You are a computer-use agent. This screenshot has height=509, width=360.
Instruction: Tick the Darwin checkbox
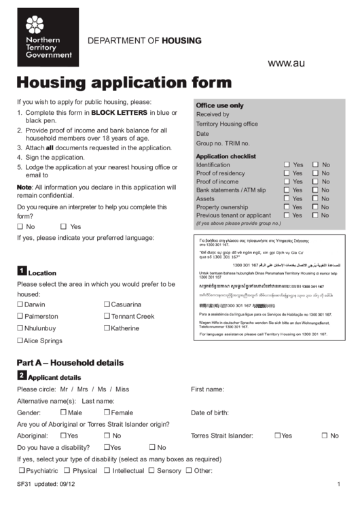coord(20,305)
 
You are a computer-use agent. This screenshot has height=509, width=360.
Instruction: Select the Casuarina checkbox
coord(107,305)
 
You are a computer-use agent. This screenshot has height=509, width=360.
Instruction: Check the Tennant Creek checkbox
coord(107,317)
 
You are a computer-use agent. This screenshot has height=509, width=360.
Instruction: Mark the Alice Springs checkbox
coord(20,340)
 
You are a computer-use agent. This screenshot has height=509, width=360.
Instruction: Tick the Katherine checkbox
coord(107,328)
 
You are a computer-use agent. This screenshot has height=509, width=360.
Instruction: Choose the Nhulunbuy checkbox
coord(20,328)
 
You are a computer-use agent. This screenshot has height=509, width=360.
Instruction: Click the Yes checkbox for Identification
coord(287,165)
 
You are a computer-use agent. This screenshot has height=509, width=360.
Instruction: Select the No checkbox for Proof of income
coord(315,182)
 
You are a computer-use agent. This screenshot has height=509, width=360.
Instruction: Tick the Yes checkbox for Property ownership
coord(287,207)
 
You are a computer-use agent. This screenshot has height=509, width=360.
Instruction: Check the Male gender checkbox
coord(63,412)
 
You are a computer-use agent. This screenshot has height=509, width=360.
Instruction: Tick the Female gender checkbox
coord(107,412)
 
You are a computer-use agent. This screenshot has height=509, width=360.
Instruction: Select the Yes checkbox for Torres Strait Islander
coord(278,436)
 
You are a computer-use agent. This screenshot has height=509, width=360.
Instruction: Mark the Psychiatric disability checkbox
coord(22,470)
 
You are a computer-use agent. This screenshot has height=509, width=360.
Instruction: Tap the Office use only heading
coord(219,106)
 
